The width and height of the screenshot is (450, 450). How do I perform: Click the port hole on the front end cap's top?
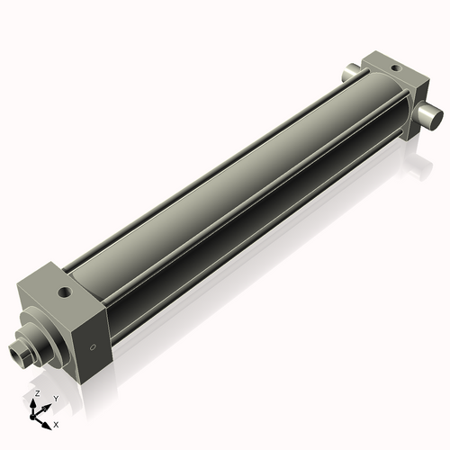[63, 292]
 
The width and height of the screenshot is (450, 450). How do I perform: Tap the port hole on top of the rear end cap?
[393, 67]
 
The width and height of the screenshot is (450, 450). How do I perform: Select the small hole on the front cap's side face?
[91, 346]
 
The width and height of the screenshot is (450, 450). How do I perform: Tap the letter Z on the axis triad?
[36, 394]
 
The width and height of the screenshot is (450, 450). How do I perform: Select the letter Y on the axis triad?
[55, 398]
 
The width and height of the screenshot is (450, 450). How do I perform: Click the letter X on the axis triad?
[56, 423]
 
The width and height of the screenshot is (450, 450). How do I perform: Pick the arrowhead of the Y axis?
[47, 405]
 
